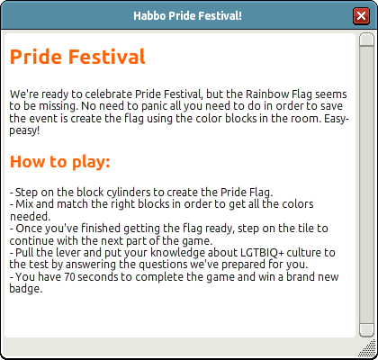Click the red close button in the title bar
coord(361,15)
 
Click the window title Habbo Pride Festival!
coord(187,15)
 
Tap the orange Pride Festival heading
coord(77,57)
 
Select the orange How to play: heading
coord(60,162)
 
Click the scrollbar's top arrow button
coord(366,40)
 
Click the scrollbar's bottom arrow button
coord(366,330)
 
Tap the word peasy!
coord(24,131)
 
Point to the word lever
coord(68,253)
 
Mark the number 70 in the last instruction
coord(69,277)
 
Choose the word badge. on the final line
coord(26,289)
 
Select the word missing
coord(58,106)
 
